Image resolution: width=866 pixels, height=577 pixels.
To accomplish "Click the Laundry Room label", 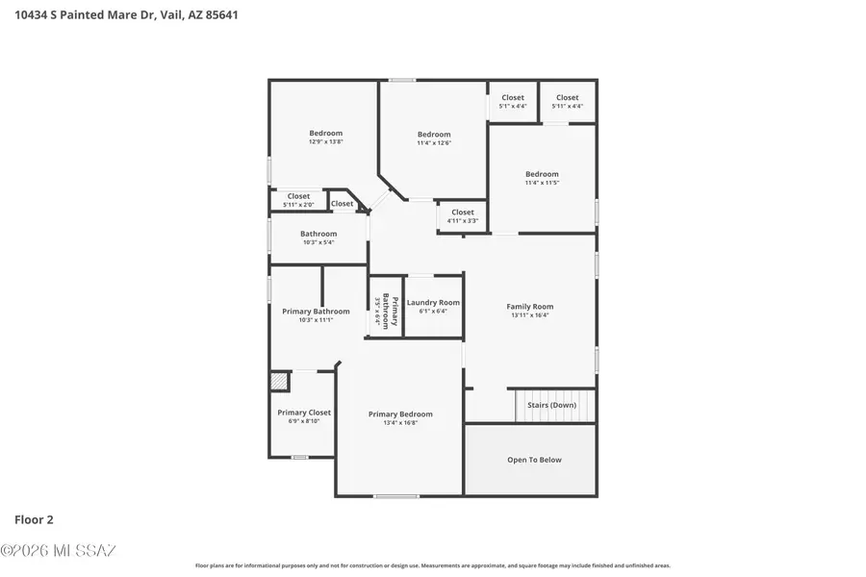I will point(433,302).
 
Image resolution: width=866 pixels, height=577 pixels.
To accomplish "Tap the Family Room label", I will point(529,307).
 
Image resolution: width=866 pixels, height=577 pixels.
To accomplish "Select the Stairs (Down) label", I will point(551,405).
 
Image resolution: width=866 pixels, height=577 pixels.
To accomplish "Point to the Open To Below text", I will point(534,460).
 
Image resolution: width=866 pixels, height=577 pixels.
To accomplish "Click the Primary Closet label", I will point(304,413).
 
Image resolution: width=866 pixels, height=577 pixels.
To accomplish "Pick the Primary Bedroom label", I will point(400,414).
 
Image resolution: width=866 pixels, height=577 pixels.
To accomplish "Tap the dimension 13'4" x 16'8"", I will point(400,423).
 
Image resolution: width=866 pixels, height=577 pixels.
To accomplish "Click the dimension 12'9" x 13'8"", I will point(325,141).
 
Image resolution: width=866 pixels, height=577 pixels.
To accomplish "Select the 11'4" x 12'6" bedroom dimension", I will point(433,142).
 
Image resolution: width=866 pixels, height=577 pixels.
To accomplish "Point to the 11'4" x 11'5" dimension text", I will point(542,183).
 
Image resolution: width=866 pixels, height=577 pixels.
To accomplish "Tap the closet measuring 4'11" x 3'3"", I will point(463,216).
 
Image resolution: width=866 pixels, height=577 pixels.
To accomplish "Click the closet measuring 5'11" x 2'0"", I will point(298,200).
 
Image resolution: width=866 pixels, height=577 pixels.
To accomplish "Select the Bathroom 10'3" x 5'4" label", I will point(318,238).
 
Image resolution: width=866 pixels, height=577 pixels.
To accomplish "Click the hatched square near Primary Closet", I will point(279,381).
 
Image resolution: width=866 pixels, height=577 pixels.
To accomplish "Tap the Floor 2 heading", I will point(34,520).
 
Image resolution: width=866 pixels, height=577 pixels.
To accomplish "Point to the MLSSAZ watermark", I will point(58,551).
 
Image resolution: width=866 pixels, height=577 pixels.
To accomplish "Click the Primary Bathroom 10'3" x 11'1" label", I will point(316,315).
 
